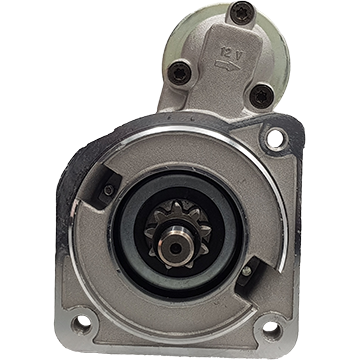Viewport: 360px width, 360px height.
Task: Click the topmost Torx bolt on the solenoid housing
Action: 242,13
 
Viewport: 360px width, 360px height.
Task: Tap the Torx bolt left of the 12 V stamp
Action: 180,73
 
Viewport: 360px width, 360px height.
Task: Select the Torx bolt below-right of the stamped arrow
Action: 262,96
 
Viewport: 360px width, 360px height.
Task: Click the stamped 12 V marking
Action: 232,53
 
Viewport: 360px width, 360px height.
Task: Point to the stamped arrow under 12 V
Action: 227,65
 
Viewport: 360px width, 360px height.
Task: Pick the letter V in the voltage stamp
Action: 238,55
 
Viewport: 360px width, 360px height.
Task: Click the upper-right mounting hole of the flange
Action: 276,139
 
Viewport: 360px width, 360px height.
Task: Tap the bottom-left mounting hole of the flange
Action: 82,322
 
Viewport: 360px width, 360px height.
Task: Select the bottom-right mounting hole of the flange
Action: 271,327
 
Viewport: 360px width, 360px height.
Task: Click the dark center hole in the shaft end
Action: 176,248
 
